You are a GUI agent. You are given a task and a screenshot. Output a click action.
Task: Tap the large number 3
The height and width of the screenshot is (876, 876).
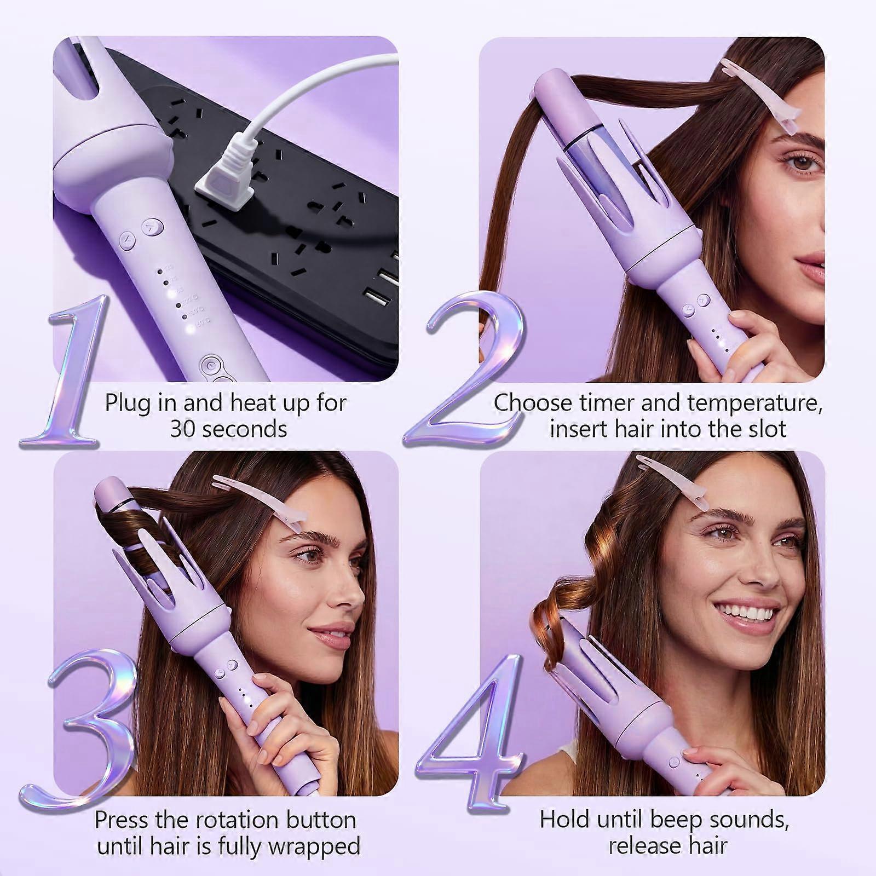click(x=88, y=745)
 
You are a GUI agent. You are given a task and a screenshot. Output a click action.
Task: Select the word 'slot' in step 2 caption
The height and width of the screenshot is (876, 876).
click(x=766, y=429)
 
